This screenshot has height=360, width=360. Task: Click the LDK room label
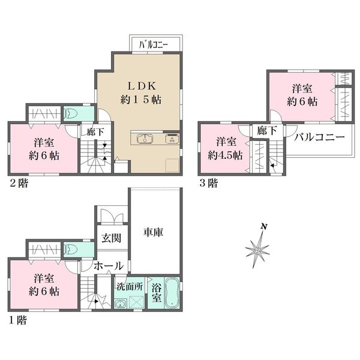tap(142, 86)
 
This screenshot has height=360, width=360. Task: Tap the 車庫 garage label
tap(154, 232)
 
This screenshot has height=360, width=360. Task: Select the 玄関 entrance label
tap(112, 238)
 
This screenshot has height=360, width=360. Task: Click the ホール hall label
tap(109, 266)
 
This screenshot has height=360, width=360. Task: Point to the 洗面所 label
tap(130, 287)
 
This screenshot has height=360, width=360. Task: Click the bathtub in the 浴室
tap(172, 293)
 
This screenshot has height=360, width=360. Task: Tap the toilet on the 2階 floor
tap(70, 113)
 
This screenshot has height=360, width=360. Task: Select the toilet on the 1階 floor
tap(70, 249)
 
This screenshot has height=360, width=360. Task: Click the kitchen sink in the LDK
tap(145, 139)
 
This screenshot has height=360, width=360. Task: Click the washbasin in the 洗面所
tap(120, 304)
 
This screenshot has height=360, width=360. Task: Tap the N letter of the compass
tap(264, 227)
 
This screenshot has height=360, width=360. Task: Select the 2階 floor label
tap(19, 183)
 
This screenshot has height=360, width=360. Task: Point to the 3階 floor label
tap(208, 183)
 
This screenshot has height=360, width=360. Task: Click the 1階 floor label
tap(19, 320)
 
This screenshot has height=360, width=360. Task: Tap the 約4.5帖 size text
tap(225, 156)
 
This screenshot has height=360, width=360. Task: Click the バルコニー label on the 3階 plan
tap(319, 137)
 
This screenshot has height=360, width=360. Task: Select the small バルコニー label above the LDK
tap(154, 45)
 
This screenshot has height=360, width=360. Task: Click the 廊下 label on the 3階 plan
tap(266, 131)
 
